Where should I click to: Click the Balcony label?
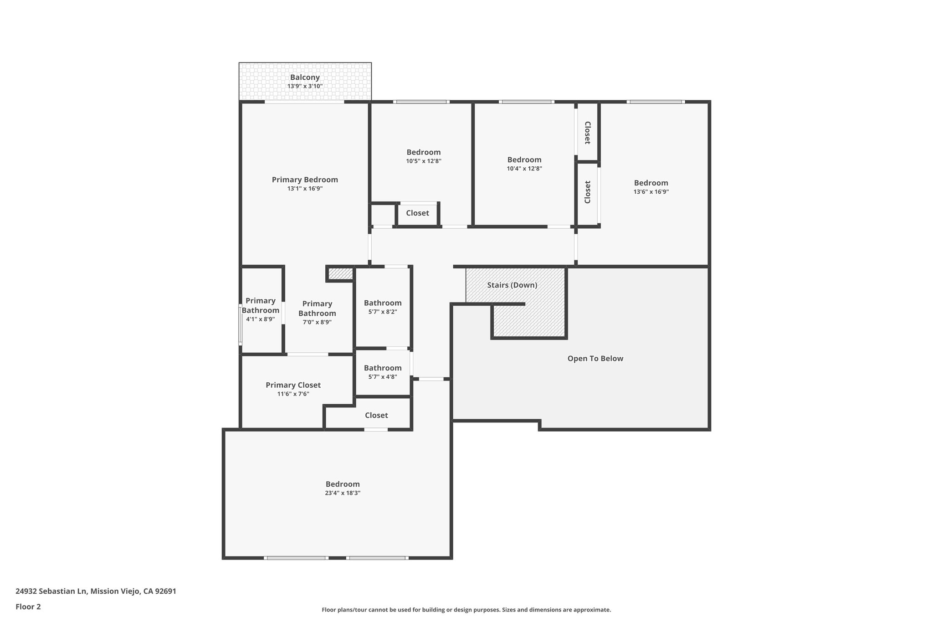[x=305, y=77]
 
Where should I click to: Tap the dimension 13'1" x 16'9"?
[x=305, y=189]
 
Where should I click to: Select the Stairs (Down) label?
[x=512, y=285]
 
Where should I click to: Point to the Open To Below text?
[x=595, y=359]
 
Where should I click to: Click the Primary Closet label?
[x=293, y=386]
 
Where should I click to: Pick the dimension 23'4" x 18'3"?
[x=343, y=493]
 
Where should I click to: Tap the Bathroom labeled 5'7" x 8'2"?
[x=383, y=303]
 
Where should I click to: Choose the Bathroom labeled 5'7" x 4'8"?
[x=383, y=368]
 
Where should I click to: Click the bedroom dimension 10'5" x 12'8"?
[x=424, y=161]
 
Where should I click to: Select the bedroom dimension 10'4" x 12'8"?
[x=524, y=169]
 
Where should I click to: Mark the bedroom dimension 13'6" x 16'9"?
[x=651, y=192]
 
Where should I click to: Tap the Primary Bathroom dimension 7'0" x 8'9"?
[x=317, y=322]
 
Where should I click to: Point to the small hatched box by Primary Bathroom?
[x=340, y=273]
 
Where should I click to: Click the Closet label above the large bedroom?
[x=376, y=416]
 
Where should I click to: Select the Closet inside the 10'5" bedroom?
[x=417, y=213]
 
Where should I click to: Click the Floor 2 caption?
[x=28, y=607]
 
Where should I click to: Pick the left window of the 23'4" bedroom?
[x=296, y=558]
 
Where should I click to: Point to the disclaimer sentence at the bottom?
[x=466, y=610]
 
